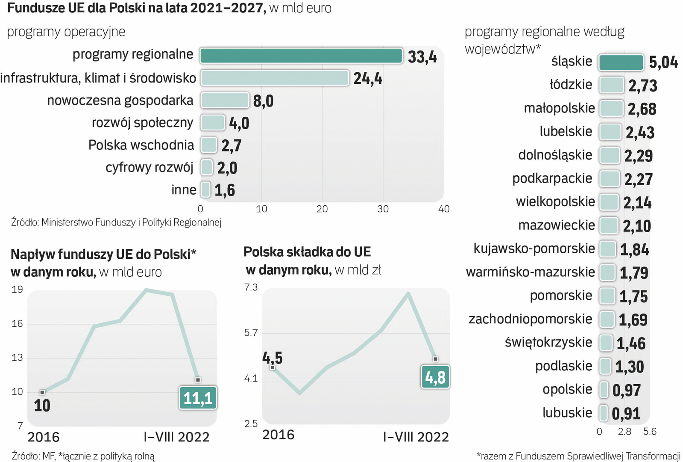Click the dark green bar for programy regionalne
[x=301, y=56]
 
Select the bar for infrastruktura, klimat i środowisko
[x=275, y=78]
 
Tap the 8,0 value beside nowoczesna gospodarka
[x=263, y=101]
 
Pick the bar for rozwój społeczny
[x=212, y=123]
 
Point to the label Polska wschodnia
[x=141, y=145]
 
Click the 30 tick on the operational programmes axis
[x=383, y=209]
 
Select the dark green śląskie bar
[x=621, y=62]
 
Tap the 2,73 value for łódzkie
[x=643, y=86]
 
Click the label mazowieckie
[x=556, y=225]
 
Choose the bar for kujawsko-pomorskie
[x=607, y=249]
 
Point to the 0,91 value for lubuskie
[x=626, y=414]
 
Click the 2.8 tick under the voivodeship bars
[x=624, y=431]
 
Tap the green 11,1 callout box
[x=198, y=398]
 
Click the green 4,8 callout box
[x=435, y=377]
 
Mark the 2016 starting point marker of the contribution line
[x=273, y=367]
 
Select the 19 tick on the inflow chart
[x=17, y=290]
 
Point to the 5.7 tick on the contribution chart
[x=251, y=332]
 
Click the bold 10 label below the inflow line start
[x=42, y=406]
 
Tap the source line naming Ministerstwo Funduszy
[x=116, y=222]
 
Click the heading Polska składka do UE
[x=307, y=252]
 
